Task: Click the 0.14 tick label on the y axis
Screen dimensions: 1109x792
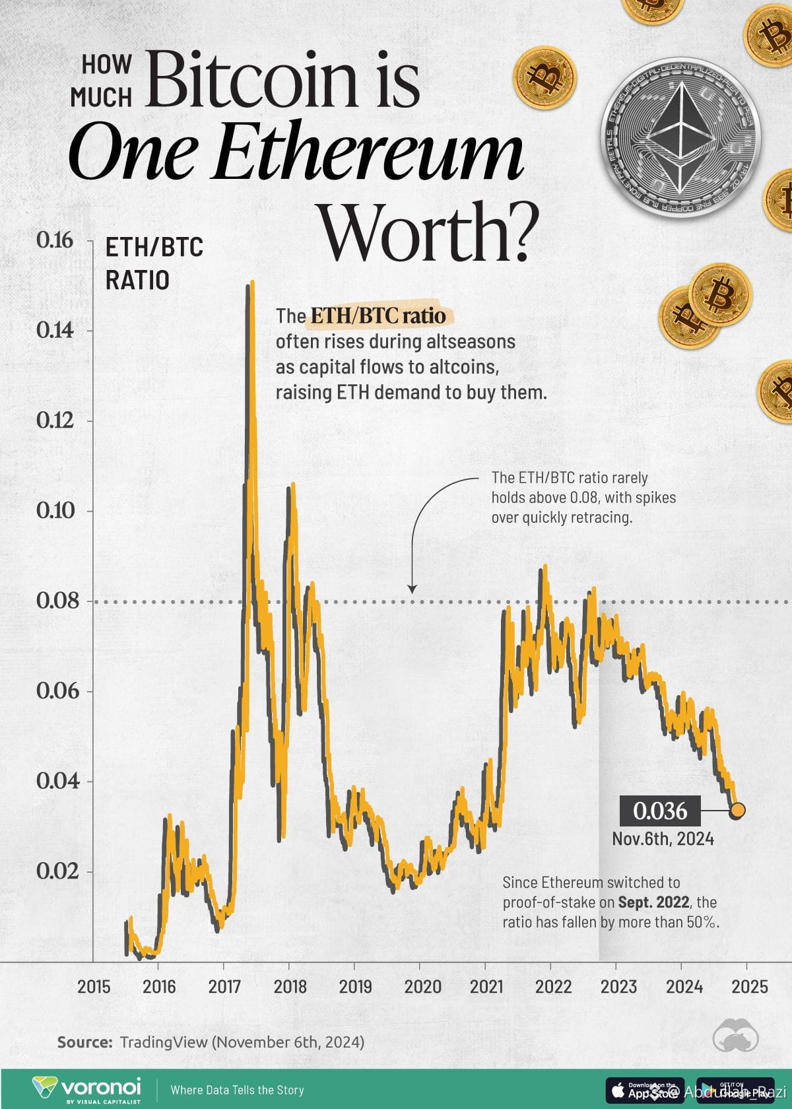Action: tap(55, 330)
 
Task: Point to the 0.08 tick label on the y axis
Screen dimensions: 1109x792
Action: tap(57, 601)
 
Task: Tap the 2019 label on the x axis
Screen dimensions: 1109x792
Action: tap(355, 986)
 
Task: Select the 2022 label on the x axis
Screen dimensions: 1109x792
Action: tap(552, 986)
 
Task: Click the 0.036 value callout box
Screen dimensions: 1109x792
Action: tap(659, 811)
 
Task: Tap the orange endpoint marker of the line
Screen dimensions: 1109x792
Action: tap(737, 810)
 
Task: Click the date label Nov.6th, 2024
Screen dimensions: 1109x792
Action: tap(663, 839)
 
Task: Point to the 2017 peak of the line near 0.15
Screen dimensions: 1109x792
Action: tap(250, 285)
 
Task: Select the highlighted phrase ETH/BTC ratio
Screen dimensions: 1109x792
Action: tap(378, 316)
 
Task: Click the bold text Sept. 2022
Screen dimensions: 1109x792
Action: tap(654, 902)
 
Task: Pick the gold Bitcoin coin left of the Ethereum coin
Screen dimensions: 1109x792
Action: tap(545, 77)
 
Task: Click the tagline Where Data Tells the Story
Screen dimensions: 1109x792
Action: tap(237, 1090)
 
